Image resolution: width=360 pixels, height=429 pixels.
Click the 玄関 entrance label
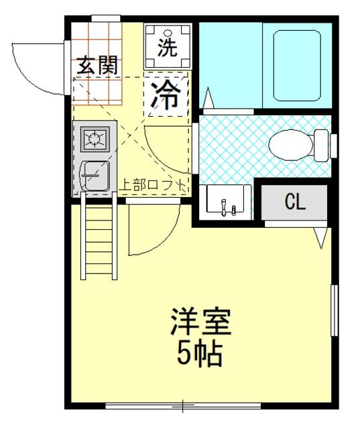[x=97, y=65]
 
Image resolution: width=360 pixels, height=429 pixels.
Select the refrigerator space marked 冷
[x=166, y=94]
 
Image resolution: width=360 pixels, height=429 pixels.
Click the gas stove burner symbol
[x=95, y=139]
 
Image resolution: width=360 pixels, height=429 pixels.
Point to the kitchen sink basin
[x=95, y=176]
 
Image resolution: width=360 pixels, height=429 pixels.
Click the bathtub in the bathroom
[x=297, y=66]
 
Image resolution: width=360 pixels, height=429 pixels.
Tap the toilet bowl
[x=290, y=145]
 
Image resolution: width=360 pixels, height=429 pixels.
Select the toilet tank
[x=321, y=145]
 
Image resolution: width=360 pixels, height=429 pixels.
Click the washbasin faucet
[x=224, y=207]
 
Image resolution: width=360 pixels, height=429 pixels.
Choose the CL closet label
[x=295, y=202]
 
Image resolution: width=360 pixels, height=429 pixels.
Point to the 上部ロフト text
[x=154, y=186]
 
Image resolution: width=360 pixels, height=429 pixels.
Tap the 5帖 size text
[x=199, y=354]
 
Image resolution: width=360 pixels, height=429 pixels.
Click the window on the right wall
[x=335, y=310]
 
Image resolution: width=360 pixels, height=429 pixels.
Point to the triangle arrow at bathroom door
[x=208, y=98]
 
